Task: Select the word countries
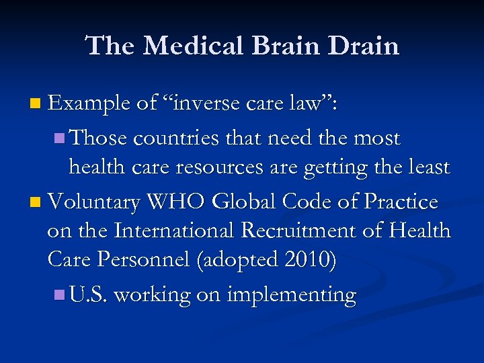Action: (x=175, y=138)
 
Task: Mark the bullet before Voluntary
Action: (x=35, y=201)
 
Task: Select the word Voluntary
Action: (x=98, y=201)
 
